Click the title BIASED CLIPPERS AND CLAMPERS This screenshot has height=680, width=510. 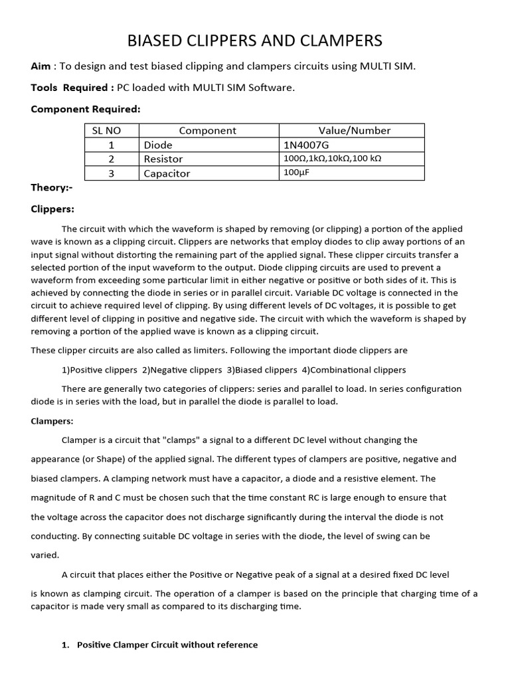click(x=254, y=41)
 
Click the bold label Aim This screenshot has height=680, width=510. click(x=41, y=66)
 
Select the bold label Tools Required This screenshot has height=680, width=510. click(x=70, y=88)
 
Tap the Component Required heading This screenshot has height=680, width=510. click(x=86, y=109)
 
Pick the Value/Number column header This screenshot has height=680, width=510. click(x=351, y=131)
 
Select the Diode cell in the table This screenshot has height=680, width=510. click(x=158, y=145)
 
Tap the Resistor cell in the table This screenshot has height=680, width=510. click(x=163, y=159)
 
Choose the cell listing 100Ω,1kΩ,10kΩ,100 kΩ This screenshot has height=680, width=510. click(x=332, y=159)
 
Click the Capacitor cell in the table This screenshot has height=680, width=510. click(x=167, y=173)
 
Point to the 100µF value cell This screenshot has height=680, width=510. click(x=297, y=173)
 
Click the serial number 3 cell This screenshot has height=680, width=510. click(x=112, y=173)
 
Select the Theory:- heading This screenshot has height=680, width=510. click(x=52, y=187)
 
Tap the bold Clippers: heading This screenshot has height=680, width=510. click(x=52, y=209)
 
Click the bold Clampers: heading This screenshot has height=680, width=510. click(x=52, y=421)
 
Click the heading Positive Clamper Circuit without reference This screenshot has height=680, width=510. click(x=167, y=645)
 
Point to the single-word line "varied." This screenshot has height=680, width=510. click(x=45, y=555)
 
